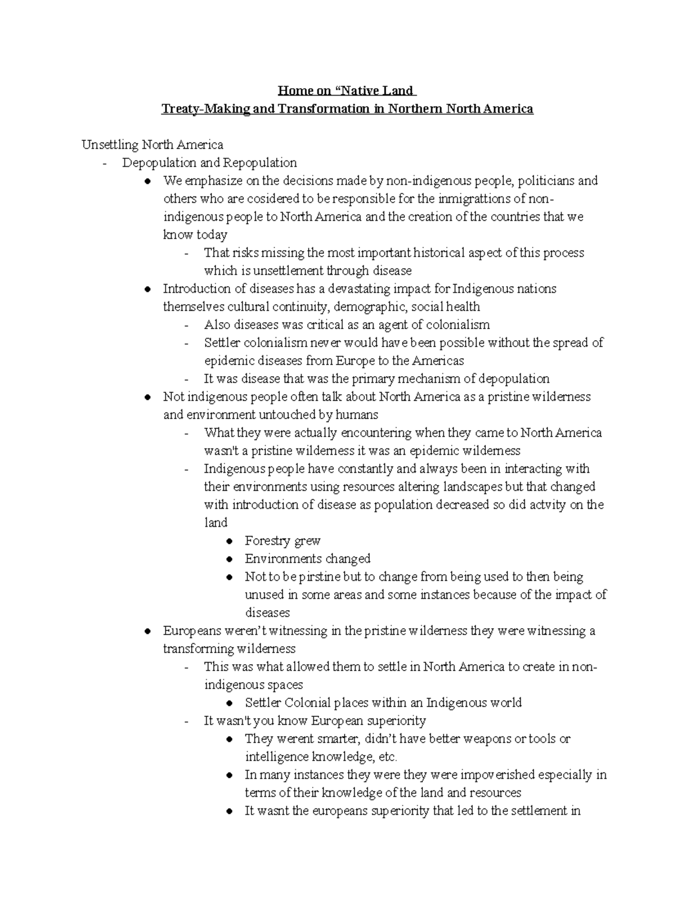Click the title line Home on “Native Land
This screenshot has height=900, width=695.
[346, 90]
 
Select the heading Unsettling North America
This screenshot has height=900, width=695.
[152, 144]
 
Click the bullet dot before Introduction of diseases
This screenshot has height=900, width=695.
[149, 289]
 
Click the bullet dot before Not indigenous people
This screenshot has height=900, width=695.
[149, 397]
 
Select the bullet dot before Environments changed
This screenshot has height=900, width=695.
[231, 559]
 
